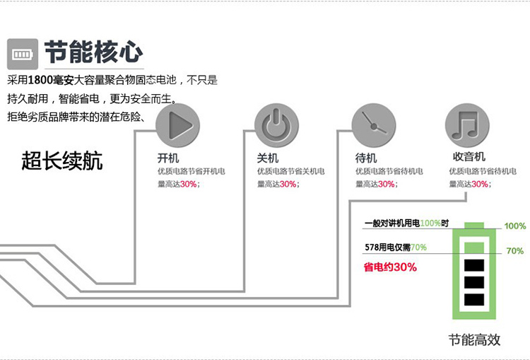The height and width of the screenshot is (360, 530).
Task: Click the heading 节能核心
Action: (x=93, y=52)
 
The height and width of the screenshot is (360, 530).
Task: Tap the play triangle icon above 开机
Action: (x=178, y=126)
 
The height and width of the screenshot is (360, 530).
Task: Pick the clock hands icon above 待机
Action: (x=373, y=126)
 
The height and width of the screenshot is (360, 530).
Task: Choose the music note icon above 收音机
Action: (x=467, y=126)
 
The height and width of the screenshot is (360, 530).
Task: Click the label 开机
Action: (x=168, y=158)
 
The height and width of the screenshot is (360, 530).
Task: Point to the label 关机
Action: (x=267, y=158)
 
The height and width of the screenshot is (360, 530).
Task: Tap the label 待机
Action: (x=366, y=158)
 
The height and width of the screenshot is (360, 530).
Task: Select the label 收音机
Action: (x=468, y=157)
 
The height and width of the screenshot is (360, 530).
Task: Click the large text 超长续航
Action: (x=62, y=161)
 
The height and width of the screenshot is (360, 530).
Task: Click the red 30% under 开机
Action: (x=189, y=184)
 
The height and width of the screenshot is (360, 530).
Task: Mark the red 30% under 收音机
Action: (x=480, y=184)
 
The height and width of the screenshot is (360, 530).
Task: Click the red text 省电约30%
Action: (x=390, y=267)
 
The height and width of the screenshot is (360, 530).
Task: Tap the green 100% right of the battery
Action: (x=514, y=226)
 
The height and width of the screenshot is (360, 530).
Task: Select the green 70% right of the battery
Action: (x=514, y=251)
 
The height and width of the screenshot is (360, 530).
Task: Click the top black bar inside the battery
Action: (x=473, y=267)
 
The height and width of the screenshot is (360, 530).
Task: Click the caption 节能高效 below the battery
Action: (x=474, y=339)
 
